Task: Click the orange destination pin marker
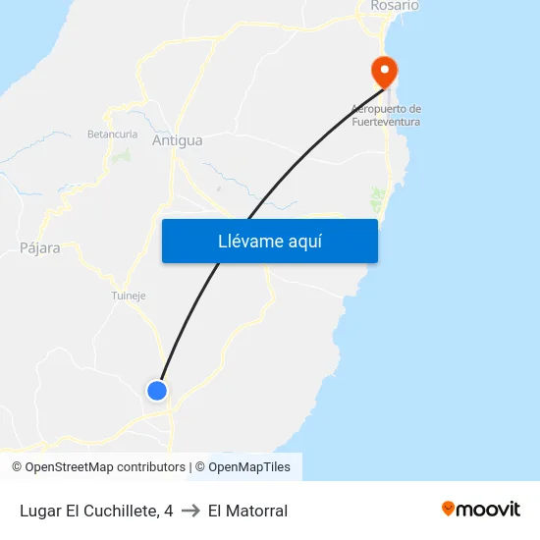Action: click(383, 71)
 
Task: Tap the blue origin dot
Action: click(157, 391)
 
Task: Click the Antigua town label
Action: click(178, 140)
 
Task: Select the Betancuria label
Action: click(112, 134)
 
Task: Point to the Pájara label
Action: click(39, 248)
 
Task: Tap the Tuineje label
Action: click(129, 295)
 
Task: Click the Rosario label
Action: click(395, 6)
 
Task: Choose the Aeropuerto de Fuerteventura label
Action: click(386, 115)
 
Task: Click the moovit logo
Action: click(481, 510)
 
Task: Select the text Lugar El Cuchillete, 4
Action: click(95, 511)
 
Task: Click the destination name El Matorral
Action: click(247, 511)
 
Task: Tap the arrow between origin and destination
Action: click(190, 511)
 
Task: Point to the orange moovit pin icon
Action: click(449, 509)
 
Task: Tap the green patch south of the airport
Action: click(377, 200)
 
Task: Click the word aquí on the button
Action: click(303, 241)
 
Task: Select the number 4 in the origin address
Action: click(169, 511)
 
